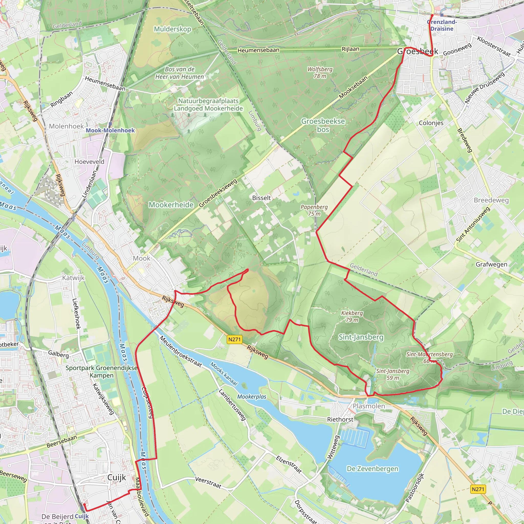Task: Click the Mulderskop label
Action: tap(172, 29)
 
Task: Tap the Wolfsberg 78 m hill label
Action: tap(320, 73)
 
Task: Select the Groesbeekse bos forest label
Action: tap(323, 125)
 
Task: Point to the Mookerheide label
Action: tap(171, 205)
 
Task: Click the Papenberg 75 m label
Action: tap(314, 210)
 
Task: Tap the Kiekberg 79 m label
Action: tap(352, 316)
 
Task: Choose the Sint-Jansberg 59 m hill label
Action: tap(393, 374)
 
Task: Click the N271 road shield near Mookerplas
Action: tap(234, 339)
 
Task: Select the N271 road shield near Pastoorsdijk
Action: tap(478, 489)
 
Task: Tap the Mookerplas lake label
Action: tap(252, 397)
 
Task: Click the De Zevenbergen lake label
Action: tap(372, 469)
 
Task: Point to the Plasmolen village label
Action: tap(369, 406)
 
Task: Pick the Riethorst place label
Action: tap(340, 419)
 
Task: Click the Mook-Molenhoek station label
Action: tap(110, 130)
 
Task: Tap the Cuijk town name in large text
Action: tap(117, 477)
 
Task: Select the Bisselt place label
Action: tap(261, 198)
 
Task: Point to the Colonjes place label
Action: tap(431, 123)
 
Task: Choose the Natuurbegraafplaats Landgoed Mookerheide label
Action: tap(208, 105)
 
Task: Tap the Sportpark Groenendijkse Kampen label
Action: tap(101, 372)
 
